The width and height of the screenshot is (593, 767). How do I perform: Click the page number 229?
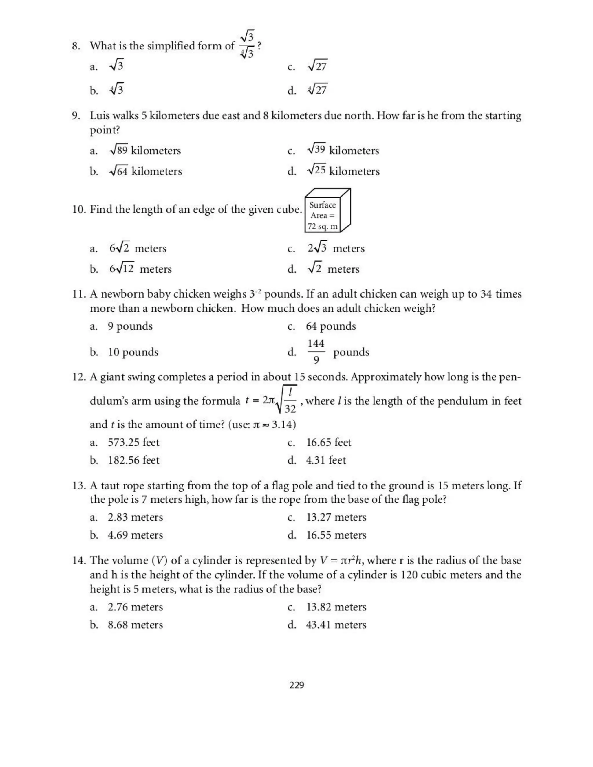[x=296, y=685]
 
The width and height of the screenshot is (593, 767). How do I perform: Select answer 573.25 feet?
[x=133, y=442]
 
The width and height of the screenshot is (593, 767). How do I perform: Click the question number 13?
[x=79, y=486]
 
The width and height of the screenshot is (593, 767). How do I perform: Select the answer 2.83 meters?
[x=135, y=517]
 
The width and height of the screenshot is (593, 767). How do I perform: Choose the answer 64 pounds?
[x=331, y=326]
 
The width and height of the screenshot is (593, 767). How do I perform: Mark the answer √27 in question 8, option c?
[x=317, y=66]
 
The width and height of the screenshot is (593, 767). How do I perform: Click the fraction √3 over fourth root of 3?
[x=247, y=45]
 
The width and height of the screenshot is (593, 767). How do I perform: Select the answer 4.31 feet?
[x=326, y=460]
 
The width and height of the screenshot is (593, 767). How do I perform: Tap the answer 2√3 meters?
[x=336, y=248]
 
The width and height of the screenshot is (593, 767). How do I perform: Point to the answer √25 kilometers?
[x=343, y=171]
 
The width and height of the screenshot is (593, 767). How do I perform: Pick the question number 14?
[x=79, y=560]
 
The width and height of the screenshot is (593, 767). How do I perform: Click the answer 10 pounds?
[x=133, y=352]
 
